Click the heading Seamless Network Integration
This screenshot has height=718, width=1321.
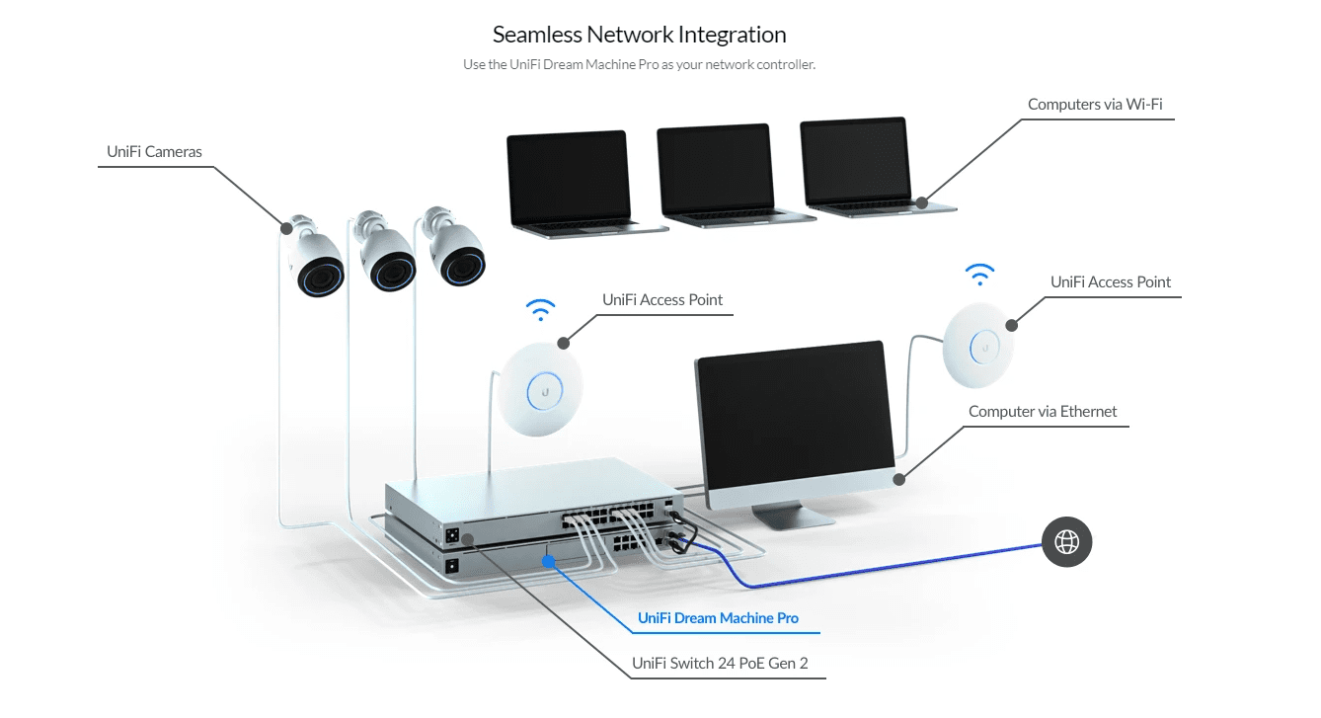coord(639,35)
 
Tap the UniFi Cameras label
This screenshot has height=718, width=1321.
coord(154,152)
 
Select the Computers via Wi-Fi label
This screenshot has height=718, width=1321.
coord(1102,104)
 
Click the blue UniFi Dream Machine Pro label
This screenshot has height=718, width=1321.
coord(718,618)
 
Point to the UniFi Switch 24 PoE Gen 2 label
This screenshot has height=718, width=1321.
coord(720,664)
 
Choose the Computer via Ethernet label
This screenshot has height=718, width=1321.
coord(1043,412)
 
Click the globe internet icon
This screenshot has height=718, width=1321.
coord(1067,541)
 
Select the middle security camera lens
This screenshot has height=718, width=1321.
coord(392,269)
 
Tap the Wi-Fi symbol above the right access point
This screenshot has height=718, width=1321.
coord(980,273)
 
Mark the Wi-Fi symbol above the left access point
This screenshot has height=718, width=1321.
coord(541,310)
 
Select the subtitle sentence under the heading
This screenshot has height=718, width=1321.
coord(639,65)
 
